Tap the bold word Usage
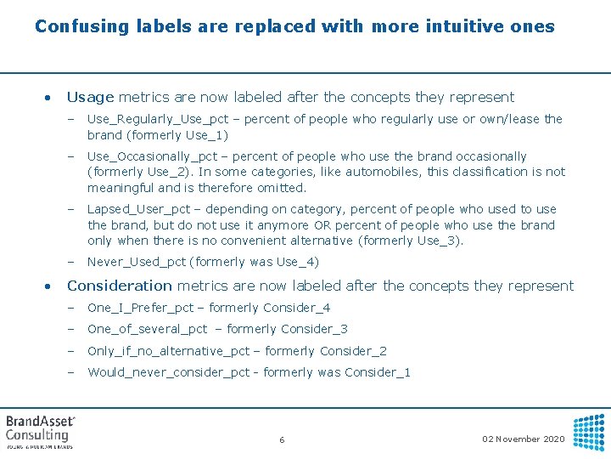point(91,97)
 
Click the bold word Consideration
point(119,286)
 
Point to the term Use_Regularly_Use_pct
point(158,119)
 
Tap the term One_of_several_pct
point(147,329)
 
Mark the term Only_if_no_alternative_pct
point(169,351)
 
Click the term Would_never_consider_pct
point(172,372)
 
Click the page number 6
point(282,439)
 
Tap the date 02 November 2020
point(523,439)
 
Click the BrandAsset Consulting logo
point(41,431)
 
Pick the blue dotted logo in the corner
point(588,432)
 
